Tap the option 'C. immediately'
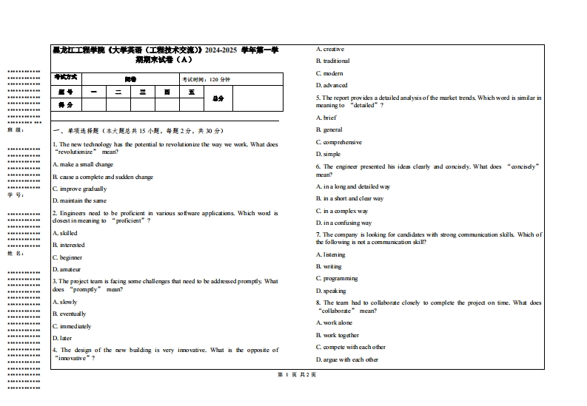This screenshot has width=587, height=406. (72, 326)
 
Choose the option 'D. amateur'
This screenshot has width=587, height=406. (67, 269)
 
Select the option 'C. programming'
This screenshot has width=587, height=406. (337, 279)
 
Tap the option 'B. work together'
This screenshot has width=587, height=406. (337, 335)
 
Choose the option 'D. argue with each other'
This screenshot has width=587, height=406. (347, 359)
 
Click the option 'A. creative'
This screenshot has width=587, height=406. (330, 49)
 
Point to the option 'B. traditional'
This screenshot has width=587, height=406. (332, 61)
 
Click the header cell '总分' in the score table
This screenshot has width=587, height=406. (218, 98)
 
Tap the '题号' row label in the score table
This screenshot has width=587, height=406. (66, 92)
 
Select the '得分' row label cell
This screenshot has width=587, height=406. (66, 105)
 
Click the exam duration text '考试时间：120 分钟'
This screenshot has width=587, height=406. (207, 79)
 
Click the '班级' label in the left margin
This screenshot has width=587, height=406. (16, 129)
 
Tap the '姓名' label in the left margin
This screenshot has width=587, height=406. (16, 253)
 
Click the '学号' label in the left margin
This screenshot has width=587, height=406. (16, 195)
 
